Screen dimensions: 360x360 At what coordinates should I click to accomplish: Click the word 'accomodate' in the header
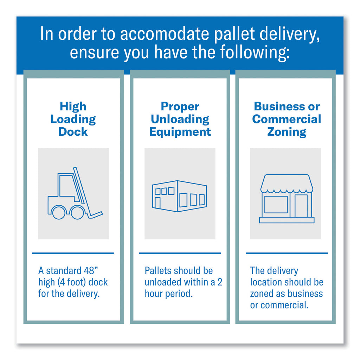[x=165, y=34]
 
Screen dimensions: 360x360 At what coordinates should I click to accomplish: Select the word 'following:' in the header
[x=255, y=53]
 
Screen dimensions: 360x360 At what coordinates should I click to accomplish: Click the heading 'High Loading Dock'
[x=73, y=119]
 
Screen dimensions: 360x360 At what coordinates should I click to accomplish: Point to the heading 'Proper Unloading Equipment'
[x=180, y=119]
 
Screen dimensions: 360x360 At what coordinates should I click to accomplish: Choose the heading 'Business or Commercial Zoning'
[x=287, y=119]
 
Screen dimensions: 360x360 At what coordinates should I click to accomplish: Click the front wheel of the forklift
[x=77, y=212]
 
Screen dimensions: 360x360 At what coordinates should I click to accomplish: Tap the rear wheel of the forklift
[x=59, y=212]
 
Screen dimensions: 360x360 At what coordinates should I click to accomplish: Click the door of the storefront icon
[x=301, y=206]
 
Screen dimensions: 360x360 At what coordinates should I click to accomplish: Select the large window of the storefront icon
[x=276, y=204]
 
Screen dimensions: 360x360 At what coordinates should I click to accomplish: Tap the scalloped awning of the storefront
[x=287, y=184]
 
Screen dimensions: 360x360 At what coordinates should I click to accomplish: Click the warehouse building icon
[x=180, y=196]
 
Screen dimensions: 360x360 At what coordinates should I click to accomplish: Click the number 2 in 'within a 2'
[x=220, y=282]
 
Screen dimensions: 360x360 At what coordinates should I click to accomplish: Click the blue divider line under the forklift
[x=73, y=253]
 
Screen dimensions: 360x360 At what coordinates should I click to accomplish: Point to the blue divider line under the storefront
[x=287, y=253]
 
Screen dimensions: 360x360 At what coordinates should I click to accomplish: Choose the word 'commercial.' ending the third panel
[x=284, y=305]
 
